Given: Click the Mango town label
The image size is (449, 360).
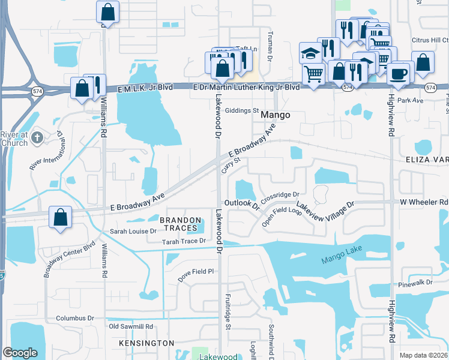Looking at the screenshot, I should (x=276, y=115).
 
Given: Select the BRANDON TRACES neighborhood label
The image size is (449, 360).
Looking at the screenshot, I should (x=179, y=224).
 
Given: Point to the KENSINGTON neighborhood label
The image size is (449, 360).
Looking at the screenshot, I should (x=146, y=343).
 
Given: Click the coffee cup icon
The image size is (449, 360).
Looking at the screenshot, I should (x=399, y=74).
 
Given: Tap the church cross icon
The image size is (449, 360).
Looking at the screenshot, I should (x=37, y=138).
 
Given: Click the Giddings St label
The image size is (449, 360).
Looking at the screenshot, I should (x=241, y=111).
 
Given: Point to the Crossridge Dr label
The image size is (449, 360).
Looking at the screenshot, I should (x=280, y=195).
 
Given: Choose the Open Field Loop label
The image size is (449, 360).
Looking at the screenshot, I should (x=282, y=217).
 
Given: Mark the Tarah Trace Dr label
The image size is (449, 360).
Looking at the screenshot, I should (x=183, y=241).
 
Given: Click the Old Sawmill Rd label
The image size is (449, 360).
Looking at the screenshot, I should (x=131, y=327).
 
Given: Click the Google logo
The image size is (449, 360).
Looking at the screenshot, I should (x=20, y=353).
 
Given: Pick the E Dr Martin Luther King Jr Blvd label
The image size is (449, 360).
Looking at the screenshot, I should (x=246, y=87).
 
